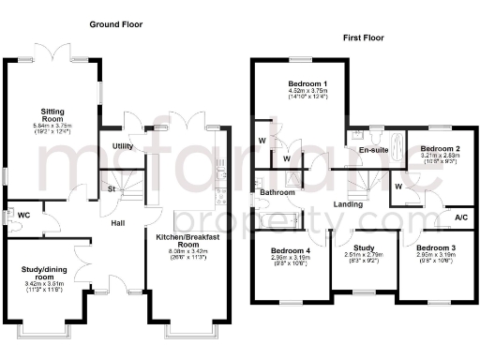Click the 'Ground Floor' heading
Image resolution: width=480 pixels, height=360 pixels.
tap(116, 23)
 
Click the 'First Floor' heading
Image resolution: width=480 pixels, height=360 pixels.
tap(364, 40)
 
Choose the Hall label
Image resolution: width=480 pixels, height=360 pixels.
tap(118, 224)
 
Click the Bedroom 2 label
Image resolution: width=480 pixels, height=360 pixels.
tap(439, 149)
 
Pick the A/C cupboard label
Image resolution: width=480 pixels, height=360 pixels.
tap(460, 217)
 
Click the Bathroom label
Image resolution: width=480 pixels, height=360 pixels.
tap(277, 193)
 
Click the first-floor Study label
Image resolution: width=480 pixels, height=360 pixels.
tap(363, 247)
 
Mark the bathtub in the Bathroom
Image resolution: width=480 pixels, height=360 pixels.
tap(277, 222)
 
